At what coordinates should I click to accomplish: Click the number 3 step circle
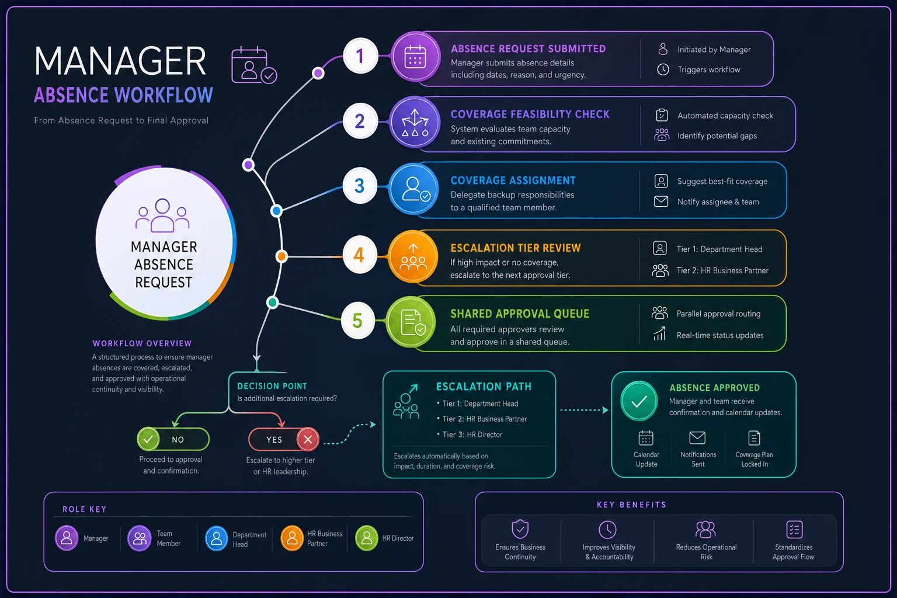click(360, 186)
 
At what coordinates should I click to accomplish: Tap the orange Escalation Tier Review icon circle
click(413, 257)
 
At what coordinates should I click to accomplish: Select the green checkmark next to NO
click(148, 439)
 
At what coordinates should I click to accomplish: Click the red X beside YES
click(308, 439)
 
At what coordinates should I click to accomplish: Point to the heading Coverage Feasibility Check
click(530, 114)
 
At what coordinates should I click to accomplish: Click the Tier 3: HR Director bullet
click(470, 434)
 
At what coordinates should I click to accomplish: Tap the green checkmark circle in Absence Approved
click(639, 401)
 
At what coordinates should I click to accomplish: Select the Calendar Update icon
click(645, 438)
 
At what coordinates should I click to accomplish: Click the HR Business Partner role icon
click(292, 538)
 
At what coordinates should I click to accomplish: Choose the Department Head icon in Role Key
click(216, 538)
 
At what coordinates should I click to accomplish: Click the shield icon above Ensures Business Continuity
click(520, 529)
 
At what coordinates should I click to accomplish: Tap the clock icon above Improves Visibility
click(607, 530)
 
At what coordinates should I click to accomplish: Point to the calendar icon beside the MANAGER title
click(253, 65)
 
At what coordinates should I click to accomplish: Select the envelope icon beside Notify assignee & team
click(660, 201)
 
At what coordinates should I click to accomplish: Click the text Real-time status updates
click(719, 335)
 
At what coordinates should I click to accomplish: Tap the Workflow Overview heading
click(142, 343)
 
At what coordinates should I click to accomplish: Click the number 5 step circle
click(357, 321)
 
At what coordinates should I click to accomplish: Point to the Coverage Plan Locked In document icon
click(754, 438)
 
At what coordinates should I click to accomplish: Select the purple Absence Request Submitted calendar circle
click(415, 57)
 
